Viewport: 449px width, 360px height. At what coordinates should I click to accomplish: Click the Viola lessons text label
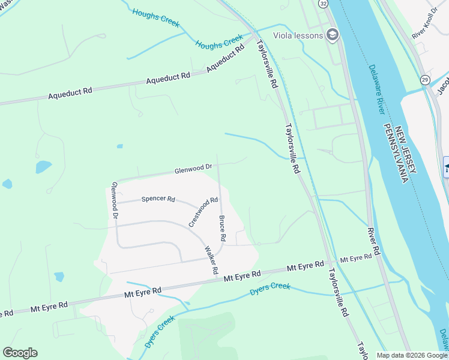tap(298, 35)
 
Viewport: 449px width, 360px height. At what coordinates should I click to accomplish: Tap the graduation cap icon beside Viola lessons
tap(332, 35)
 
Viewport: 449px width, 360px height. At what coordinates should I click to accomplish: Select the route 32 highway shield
tap(324, 4)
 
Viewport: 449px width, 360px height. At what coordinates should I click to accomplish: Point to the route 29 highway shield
tap(425, 80)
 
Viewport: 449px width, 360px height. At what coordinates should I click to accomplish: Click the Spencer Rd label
tap(158, 199)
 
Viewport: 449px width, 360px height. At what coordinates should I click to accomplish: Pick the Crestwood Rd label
tap(203, 212)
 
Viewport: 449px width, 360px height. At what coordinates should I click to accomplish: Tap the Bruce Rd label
tap(222, 229)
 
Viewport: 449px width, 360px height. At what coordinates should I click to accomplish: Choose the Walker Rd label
tap(210, 260)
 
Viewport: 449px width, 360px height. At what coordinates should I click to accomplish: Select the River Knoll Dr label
tap(426, 25)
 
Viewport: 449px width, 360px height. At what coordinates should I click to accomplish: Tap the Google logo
tap(20, 353)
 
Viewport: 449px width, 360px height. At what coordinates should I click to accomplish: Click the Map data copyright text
tap(412, 355)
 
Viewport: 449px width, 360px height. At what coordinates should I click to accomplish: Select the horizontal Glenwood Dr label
tap(193, 169)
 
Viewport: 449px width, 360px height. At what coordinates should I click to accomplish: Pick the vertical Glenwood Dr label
tap(113, 200)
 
